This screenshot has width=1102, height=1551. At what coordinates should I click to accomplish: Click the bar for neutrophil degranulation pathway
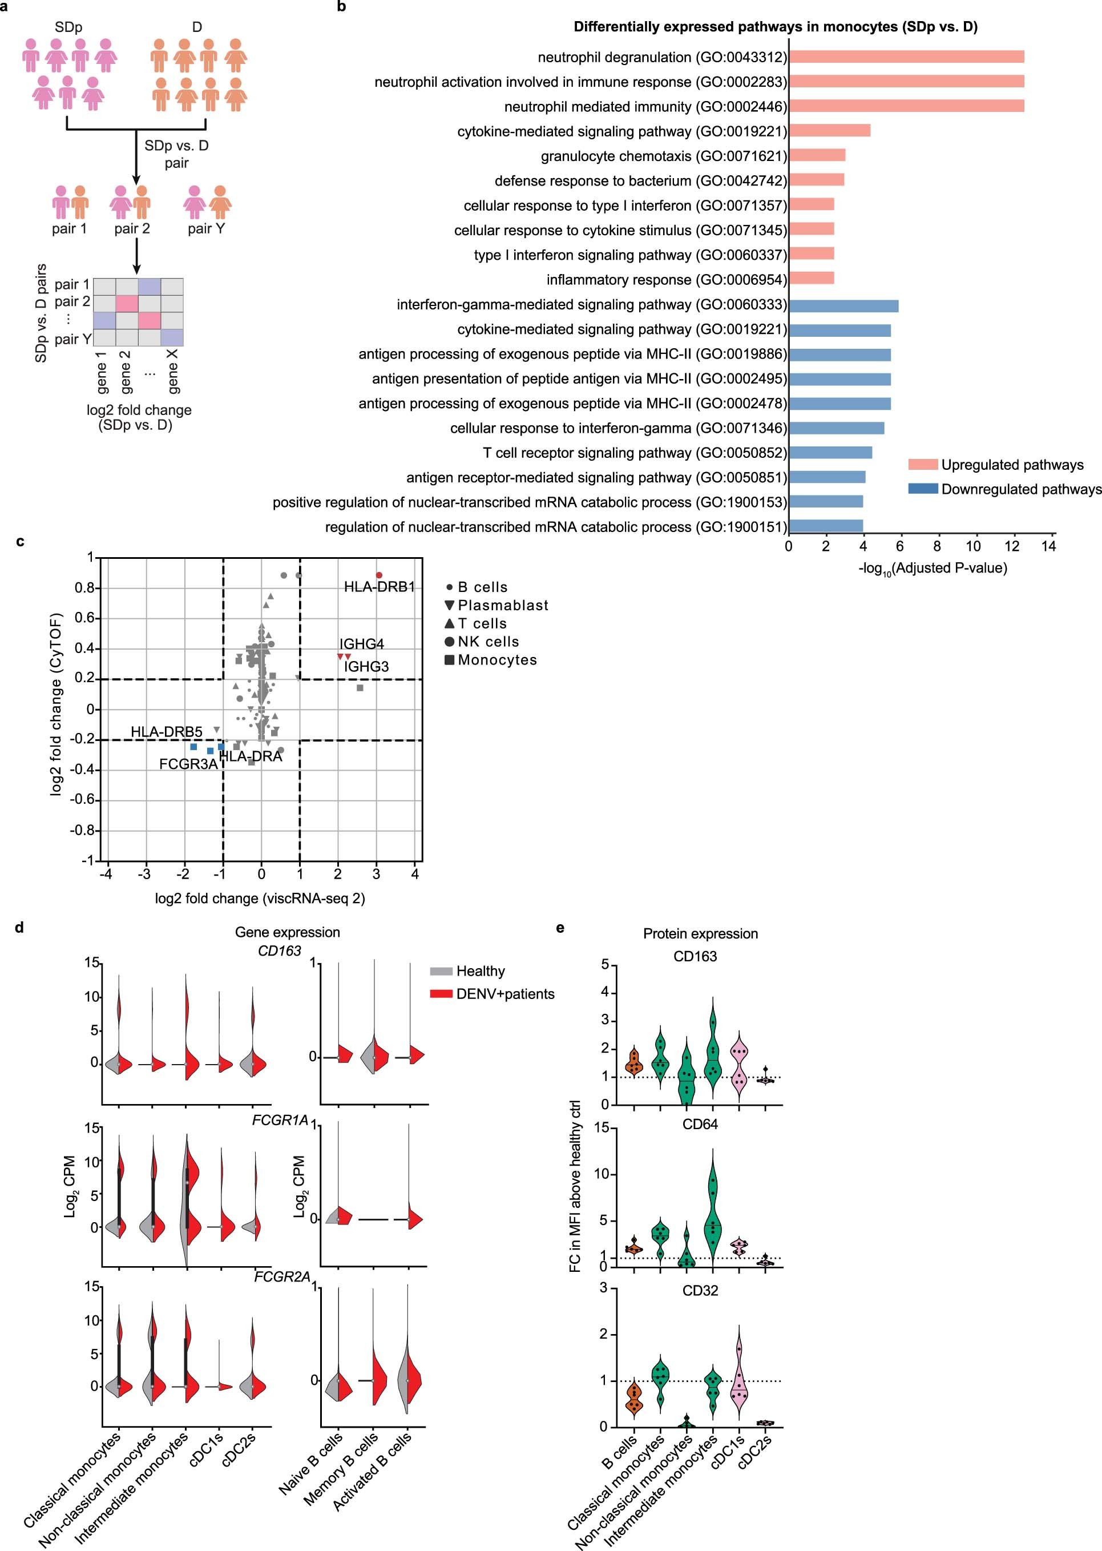click(906, 57)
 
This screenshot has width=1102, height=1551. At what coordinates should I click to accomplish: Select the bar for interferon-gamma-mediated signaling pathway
click(843, 305)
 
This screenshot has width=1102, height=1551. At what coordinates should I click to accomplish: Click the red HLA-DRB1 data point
click(380, 575)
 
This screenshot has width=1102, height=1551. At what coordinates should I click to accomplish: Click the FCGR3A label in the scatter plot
click(188, 764)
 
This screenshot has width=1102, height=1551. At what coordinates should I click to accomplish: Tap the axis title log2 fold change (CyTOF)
click(56, 704)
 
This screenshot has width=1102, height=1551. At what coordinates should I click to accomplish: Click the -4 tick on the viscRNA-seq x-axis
click(106, 875)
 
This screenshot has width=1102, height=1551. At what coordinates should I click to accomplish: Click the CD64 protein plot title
click(700, 1125)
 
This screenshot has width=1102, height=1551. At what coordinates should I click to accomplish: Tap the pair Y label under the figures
click(206, 229)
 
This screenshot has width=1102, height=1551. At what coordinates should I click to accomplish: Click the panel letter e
click(560, 928)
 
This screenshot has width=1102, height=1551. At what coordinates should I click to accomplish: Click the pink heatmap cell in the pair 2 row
click(127, 303)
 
